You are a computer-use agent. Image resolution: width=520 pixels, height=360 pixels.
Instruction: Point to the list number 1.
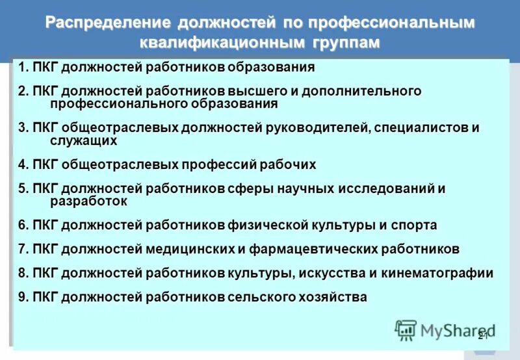[x=23, y=68]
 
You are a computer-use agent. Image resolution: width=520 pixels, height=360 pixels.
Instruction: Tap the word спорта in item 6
[x=414, y=225]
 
